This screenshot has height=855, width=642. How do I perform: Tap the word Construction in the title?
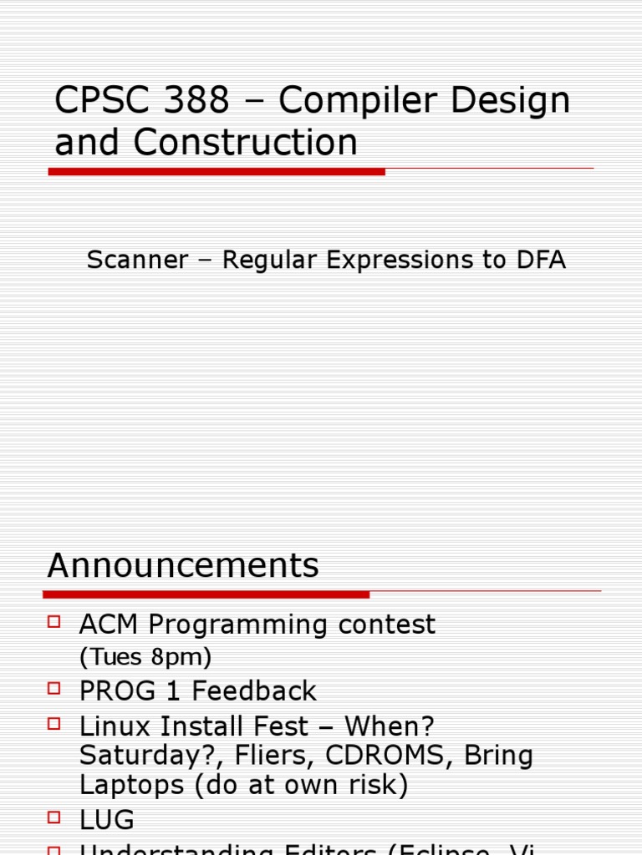[245, 142]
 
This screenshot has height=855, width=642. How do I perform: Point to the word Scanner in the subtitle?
[138, 260]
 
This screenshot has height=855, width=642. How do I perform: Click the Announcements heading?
[183, 565]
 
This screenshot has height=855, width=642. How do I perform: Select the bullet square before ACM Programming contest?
[54, 621]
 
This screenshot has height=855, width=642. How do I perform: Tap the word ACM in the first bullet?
[110, 625]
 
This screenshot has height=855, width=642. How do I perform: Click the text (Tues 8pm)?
[145, 658]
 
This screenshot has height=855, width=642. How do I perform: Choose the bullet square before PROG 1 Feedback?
[54, 688]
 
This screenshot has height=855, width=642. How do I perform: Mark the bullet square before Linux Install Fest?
[54, 722]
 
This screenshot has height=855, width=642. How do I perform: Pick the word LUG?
[107, 820]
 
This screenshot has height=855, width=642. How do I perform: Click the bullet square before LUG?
[54, 817]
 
